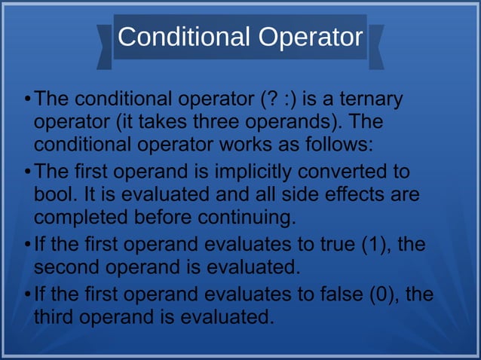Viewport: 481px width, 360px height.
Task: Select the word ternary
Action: [369, 99]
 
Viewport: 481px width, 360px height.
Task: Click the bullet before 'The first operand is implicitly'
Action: [27, 172]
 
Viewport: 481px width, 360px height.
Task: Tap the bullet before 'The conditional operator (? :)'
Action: [27, 99]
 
